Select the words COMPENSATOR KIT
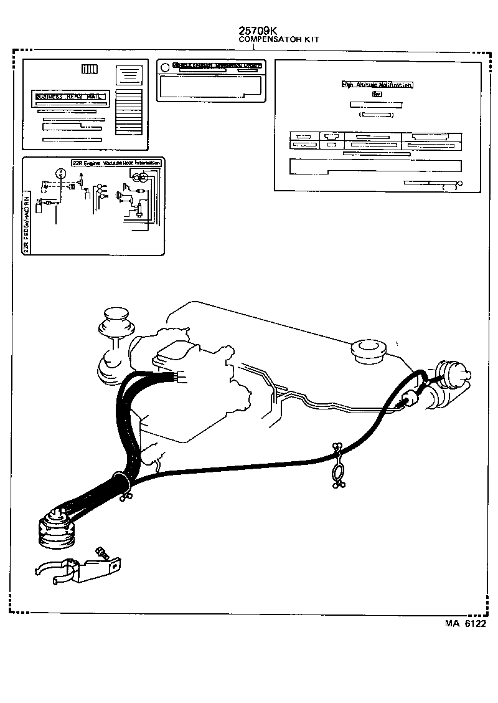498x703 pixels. (279, 39)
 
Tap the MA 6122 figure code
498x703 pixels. (464, 623)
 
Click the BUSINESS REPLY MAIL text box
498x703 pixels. (72, 97)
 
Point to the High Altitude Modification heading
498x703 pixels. (378, 85)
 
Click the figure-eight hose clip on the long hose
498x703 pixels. (337, 466)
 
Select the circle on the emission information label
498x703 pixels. (163, 67)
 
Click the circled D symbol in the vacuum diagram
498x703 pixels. (60, 171)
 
